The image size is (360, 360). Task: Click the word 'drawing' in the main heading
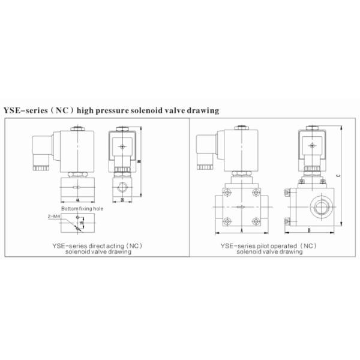[201, 110]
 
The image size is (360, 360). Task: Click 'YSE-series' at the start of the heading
[22, 110]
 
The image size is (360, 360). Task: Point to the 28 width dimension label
[122, 199]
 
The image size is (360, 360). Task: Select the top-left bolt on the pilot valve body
[227, 193]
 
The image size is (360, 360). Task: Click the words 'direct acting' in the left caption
[100, 246]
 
